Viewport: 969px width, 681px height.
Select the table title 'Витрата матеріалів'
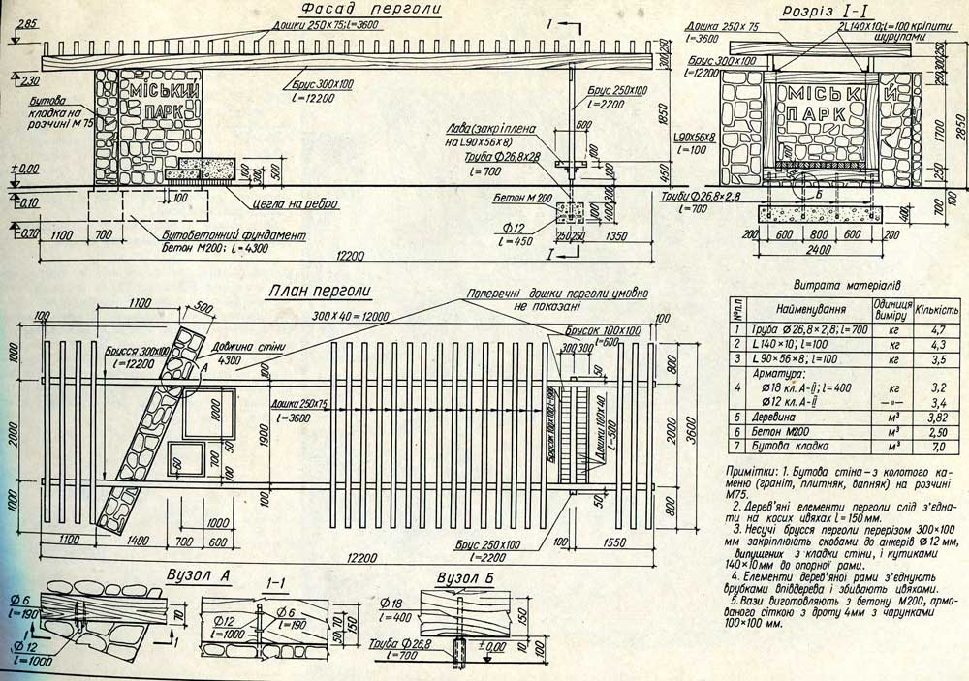847,287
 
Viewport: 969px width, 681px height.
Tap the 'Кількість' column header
938,312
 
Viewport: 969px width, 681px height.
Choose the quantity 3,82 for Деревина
938,414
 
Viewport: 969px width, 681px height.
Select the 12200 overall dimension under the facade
346,256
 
